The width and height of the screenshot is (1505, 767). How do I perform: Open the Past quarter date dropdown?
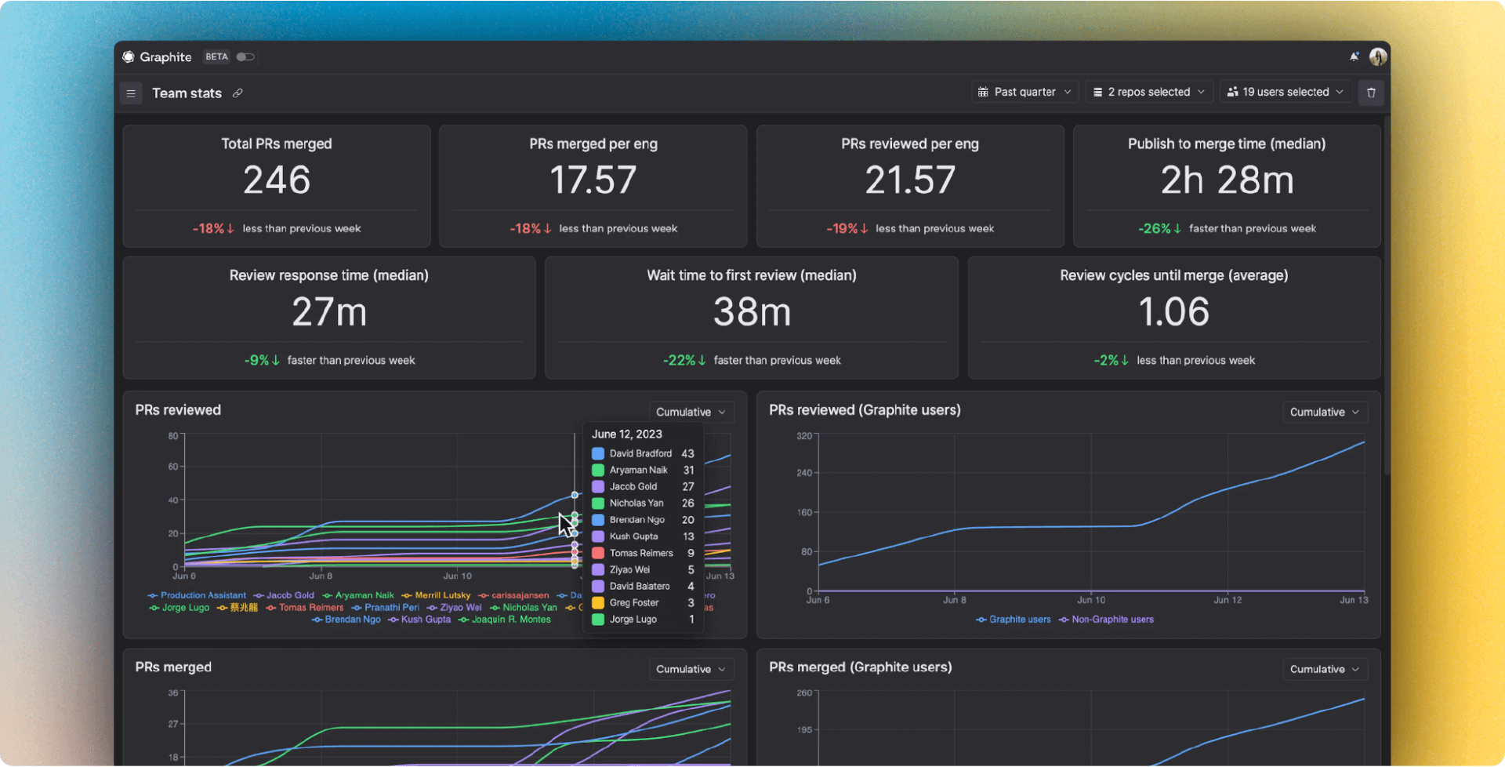tap(1024, 92)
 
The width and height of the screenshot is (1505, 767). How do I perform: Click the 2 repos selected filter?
tap(1149, 92)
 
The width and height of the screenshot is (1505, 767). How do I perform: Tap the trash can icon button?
tap(1371, 93)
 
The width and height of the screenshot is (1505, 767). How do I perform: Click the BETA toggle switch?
tap(245, 56)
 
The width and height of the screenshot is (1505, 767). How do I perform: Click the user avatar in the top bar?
tap(1377, 56)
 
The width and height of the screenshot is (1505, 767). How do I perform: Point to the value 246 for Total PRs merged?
tap(277, 180)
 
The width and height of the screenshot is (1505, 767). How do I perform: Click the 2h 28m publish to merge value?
tap(1227, 180)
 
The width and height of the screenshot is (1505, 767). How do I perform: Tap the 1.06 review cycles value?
tap(1173, 312)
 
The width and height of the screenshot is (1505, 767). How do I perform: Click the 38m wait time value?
tap(752, 312)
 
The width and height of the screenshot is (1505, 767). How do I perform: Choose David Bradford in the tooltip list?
tap(640, 453)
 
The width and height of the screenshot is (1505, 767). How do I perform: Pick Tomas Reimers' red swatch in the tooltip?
tap(598, 553)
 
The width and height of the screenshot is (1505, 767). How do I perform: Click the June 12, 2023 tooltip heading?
tap(626, 434)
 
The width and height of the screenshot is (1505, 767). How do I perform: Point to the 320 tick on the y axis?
tap(804, 436)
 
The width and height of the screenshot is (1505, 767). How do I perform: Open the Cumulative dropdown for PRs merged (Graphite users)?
tap(1324, 669)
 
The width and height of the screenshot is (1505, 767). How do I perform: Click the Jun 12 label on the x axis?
tap(1227, 600)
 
